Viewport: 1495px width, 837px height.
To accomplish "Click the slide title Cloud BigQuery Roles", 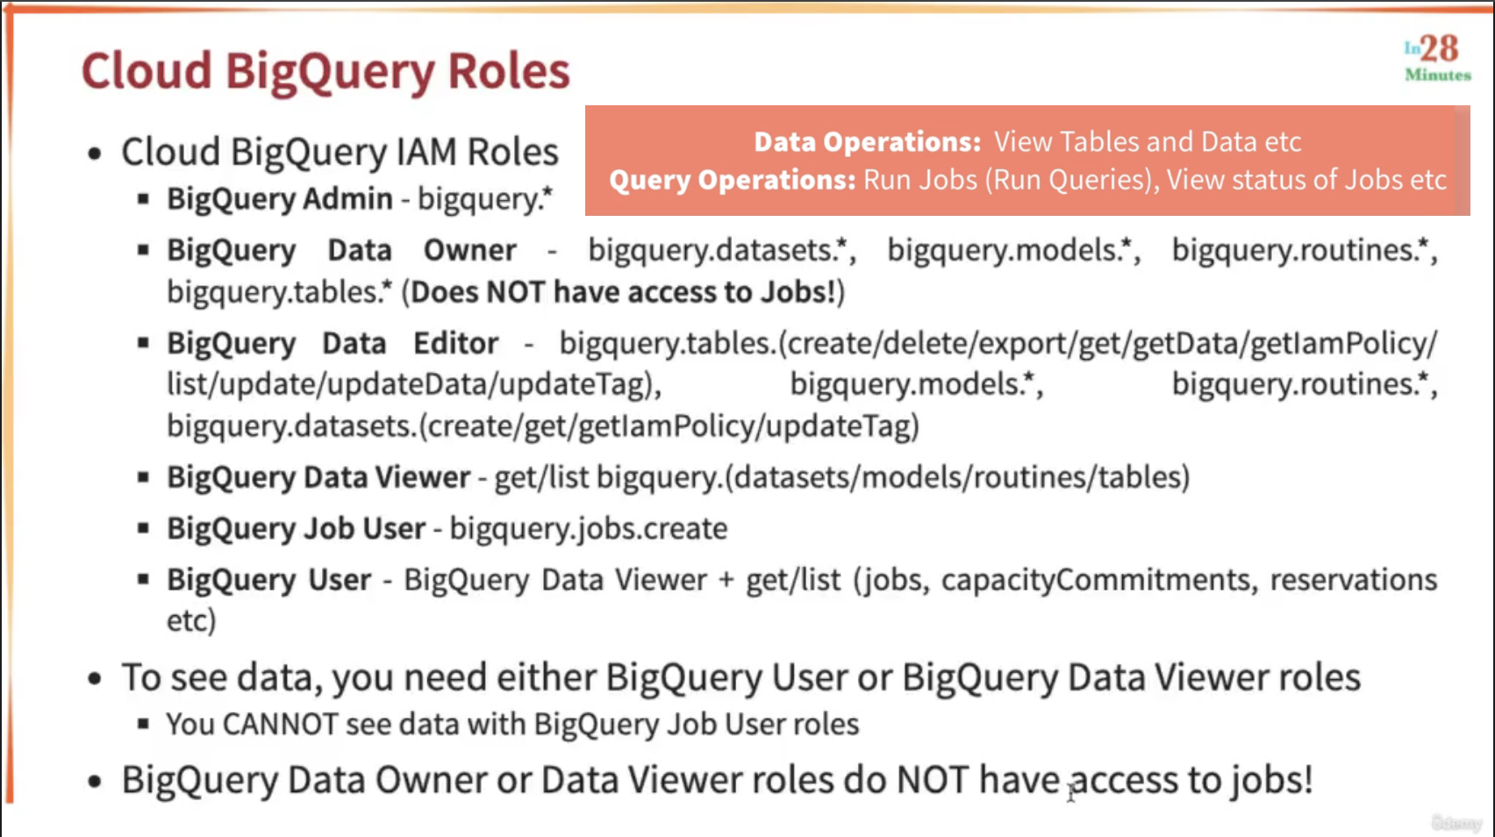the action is (x=325, y=71).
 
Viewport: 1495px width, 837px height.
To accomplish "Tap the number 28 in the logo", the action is (x=1439, y=49).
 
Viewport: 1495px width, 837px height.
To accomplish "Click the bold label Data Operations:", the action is (x=867, y=141).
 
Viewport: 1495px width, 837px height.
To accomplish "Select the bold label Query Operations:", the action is (x=733, y=180).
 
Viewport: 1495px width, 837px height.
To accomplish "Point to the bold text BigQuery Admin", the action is (x=280, y=199).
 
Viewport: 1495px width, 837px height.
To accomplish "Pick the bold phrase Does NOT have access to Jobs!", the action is (x=624, y=291).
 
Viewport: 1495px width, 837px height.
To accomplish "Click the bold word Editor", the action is (x=456, y=343).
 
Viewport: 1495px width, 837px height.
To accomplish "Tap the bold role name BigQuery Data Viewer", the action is (x=318, y=477).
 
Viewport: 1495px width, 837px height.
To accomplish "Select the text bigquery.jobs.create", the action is (x=589, y=529).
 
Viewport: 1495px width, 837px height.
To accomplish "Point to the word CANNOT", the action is (x=281, y=724).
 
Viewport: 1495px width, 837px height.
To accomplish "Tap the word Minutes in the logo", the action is (x=1438, y=75).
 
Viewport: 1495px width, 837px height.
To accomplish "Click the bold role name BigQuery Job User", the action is (x=297, y=529).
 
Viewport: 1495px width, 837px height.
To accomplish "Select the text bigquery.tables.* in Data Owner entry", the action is (x=280, y=292).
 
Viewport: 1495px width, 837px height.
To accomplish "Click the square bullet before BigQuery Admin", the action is (x=144, y=199).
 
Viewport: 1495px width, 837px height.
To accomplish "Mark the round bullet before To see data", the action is (x=95, y=679).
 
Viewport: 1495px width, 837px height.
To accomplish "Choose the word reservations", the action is (x=1354, y=579).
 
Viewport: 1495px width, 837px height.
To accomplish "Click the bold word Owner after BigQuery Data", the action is (x=470, y=250).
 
